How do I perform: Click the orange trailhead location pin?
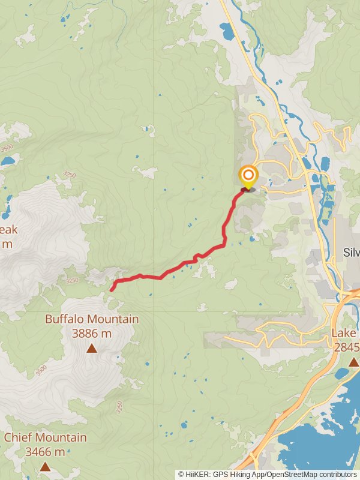tap(248, 176)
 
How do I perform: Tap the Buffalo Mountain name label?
tap(92, 320)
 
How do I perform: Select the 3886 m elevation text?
tap(92, 334)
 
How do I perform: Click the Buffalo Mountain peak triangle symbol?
tap(92, 348)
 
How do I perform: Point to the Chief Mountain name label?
tap(45, 438)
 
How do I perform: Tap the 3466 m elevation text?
tap(45, 452)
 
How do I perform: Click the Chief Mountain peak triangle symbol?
tap(45, 466)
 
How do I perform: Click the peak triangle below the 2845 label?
tap(354, 362)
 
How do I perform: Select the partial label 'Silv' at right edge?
tap(350, 253)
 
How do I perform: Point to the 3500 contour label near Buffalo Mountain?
tap(41, 370)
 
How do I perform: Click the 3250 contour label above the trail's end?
tap(72, 280)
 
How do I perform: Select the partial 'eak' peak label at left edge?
tap(9, 230)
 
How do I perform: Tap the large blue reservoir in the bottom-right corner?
tap(324, 444)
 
